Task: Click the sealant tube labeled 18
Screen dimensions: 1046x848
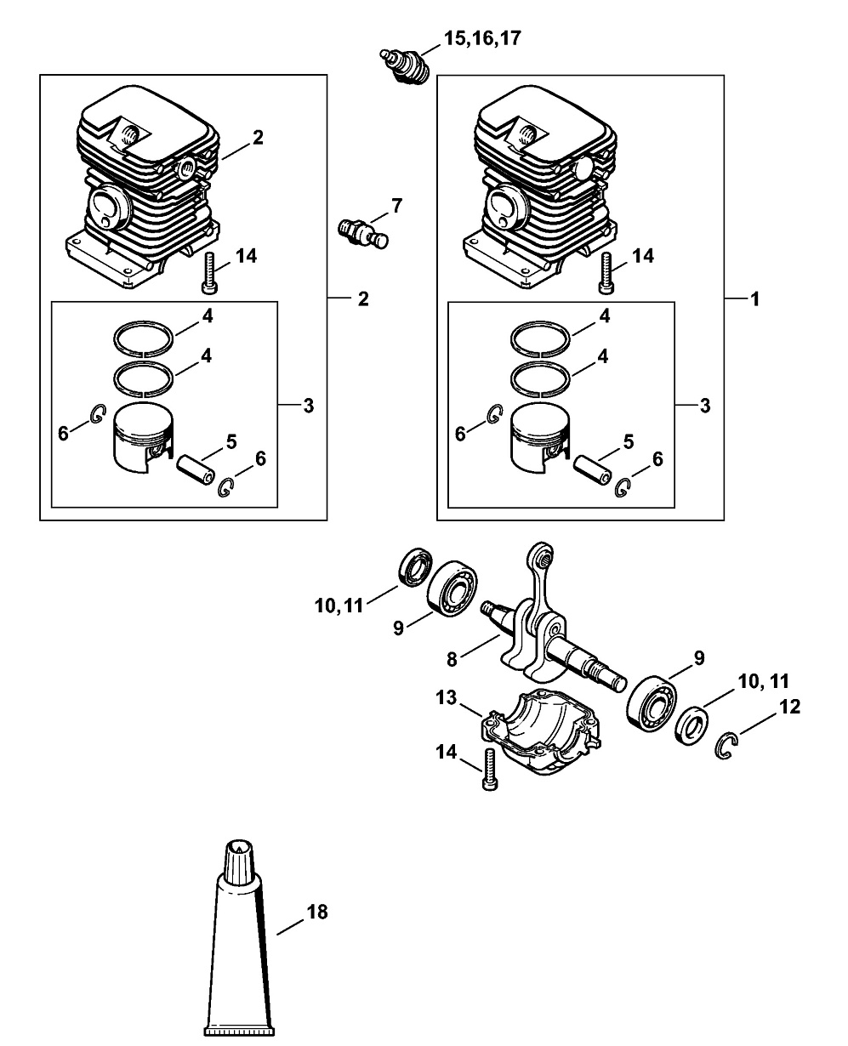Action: (239, 944)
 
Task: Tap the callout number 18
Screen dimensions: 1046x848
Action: (316, 912)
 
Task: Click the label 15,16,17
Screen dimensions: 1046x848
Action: (482, 38)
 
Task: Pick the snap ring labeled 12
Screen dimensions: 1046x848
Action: (725, 746)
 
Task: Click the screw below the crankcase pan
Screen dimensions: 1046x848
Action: (488, 770)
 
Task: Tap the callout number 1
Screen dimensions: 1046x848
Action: (754, 299)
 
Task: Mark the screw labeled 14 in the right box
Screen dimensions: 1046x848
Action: (606, 271)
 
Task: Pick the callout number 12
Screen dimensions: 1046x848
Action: (788, 706)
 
